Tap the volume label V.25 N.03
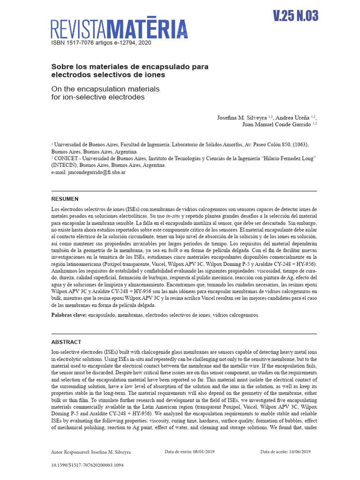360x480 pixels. point(295,16)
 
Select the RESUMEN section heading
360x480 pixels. point(65,199)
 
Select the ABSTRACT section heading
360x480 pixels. point(66,342)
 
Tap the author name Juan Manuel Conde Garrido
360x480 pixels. point(277,124)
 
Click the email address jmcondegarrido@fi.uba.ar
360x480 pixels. point(96,172)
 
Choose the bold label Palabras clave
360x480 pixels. point(69,315)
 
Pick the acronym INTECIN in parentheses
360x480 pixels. point(67,165)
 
